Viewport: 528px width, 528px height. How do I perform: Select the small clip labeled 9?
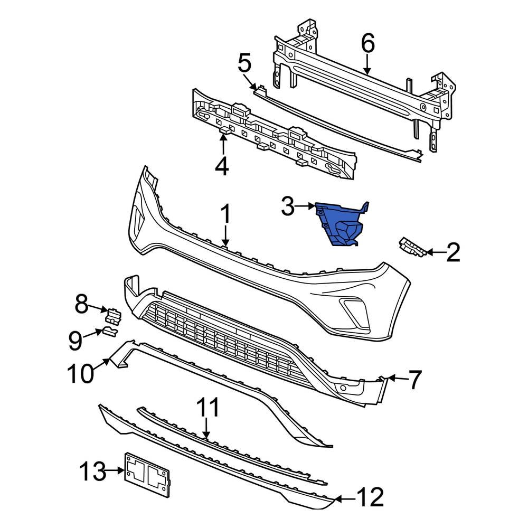pyautogui.click(x=110, y=331)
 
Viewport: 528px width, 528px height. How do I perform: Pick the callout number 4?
pyautogui.click(x=222, y=166)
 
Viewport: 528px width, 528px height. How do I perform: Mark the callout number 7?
pyautogui.click(x=415, y=379)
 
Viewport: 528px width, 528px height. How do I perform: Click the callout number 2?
pyautogui.click(x=452, y=252)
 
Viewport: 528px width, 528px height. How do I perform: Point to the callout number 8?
pyautogui.click(x=81, y=305)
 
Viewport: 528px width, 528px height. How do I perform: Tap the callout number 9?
pyautogui.click(x=75, y=340)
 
